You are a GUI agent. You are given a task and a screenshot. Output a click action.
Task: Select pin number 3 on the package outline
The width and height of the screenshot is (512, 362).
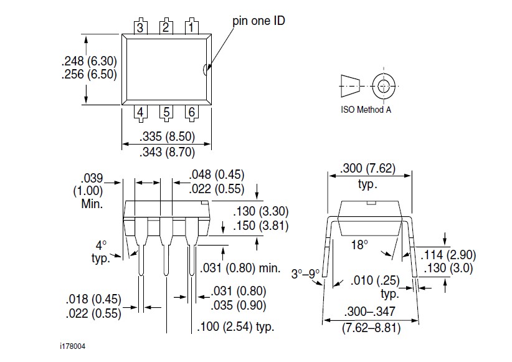pos(141,27)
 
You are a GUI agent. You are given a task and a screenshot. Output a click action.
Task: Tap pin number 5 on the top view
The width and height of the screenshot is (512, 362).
pos(166,113)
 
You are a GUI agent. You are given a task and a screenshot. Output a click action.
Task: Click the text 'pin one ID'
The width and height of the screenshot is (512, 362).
pos(258,20)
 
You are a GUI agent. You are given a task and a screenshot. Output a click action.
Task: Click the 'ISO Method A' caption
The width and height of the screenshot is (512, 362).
pos(366,110)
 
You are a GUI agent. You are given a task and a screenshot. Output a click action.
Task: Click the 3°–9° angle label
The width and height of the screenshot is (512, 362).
pos(306,272)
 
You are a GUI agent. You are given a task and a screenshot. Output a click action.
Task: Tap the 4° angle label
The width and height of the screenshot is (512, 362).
pos(100,245)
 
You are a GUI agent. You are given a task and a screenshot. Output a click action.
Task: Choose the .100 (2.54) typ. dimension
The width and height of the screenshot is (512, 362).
pos(235,326)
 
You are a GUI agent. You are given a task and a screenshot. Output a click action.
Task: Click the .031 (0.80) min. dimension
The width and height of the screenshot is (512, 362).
pos(240,269)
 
